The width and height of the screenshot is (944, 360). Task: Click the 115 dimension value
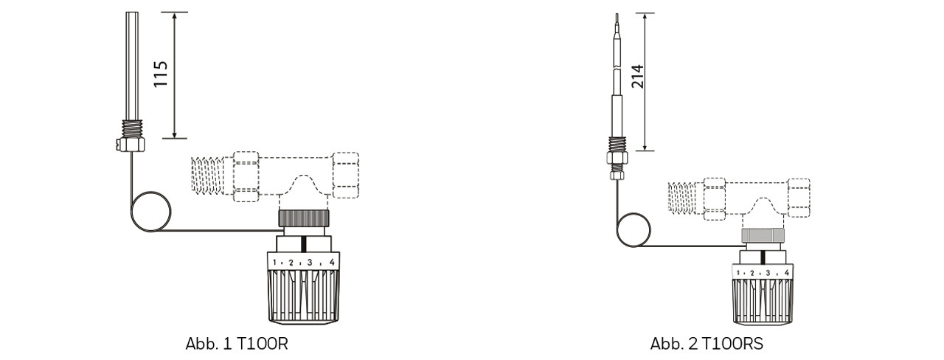tap(161, 74)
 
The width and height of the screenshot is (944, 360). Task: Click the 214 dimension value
tap(637, 76)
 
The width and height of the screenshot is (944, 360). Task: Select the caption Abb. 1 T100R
tap(237, 344)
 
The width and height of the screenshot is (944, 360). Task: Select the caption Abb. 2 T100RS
tap(707, 344)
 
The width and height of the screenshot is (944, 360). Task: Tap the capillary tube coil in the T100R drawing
tap(131, 212)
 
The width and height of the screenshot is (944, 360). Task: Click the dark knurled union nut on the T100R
tap(303, 218)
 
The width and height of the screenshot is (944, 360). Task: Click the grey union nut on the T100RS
tap(763, 235)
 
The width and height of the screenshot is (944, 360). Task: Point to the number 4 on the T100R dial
tap(332, 262)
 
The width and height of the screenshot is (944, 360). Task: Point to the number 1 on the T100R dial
tap(274, 262)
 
